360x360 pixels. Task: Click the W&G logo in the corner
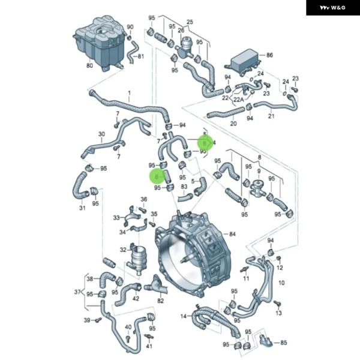(x=332, y=8)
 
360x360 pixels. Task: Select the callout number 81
(x=141, y=57)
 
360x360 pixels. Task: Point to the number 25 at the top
(x=190, y=22)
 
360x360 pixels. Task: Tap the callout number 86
(x=269, y=55)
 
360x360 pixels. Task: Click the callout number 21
(x=271, y=116)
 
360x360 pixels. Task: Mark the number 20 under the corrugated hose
(x=233, y=124)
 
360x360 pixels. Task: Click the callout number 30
(x=101, y=134)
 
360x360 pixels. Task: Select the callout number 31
(x=82, y=208)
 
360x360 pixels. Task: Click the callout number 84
(x=232, y=233)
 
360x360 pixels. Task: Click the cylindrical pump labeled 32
(x=137, y=260)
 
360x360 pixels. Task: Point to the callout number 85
(x=284, y=343)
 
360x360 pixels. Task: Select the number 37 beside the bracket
(x=77, y=292)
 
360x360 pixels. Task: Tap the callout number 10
(x=281, y=283)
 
